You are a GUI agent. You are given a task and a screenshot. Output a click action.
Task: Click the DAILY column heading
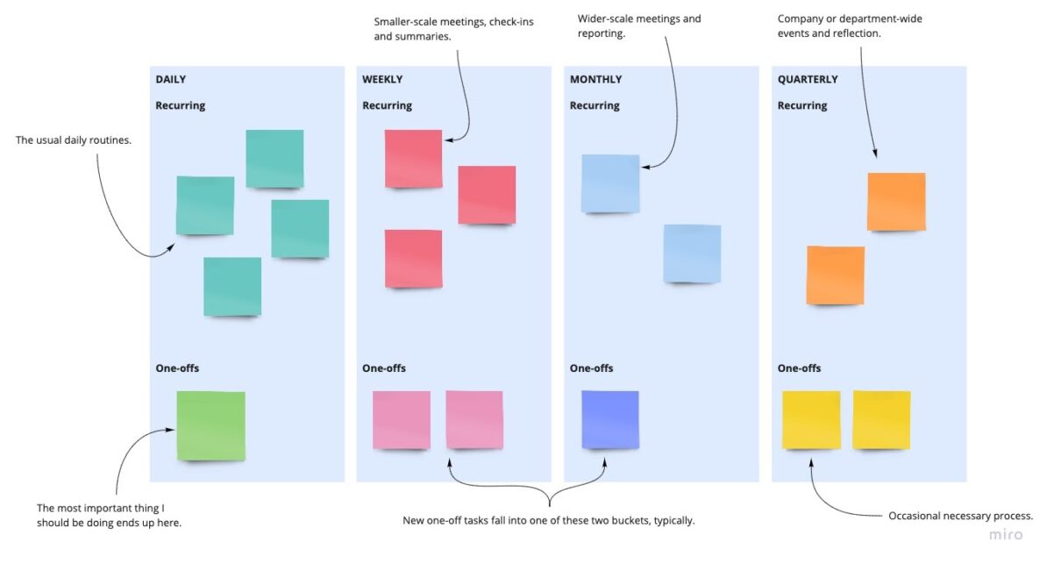click(x=171, y=80)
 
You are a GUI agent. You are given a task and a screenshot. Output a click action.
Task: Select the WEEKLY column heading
click(x=382, y=80)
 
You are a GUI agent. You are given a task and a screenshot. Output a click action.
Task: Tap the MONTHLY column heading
click(x=595, y=80)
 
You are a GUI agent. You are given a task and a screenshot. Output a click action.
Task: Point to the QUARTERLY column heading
click(x=808, y=80)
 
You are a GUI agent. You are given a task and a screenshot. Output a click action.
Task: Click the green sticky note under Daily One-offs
click(x=211, y=425)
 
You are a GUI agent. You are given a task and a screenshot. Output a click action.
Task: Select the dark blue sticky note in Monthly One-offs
click(x=610, y=419)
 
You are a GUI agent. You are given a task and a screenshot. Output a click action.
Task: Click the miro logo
click(x=1006, y=534)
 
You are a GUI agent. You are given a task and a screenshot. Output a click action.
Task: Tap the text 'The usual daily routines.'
click(x=74, y=139)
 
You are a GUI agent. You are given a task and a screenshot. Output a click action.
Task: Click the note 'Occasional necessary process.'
click(x=960, y=516)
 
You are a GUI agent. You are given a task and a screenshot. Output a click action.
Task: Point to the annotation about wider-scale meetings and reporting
click(x=639, y=26)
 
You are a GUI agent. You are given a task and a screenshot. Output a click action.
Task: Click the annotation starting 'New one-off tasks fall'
click(x=549, y=520)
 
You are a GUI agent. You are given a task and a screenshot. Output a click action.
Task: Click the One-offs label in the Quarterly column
click(x=799, y=368)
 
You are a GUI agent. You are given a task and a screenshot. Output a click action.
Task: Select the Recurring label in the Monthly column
click(x=595, y=106)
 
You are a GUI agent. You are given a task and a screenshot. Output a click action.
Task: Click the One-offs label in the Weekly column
click(x=384, y=368)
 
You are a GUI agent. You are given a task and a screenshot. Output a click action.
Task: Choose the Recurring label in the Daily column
click(x=181, y=106)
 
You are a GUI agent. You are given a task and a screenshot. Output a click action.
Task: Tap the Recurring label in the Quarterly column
click(x=802, y=106)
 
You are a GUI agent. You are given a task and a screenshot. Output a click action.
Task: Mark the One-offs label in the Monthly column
click(x=592, y=368)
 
